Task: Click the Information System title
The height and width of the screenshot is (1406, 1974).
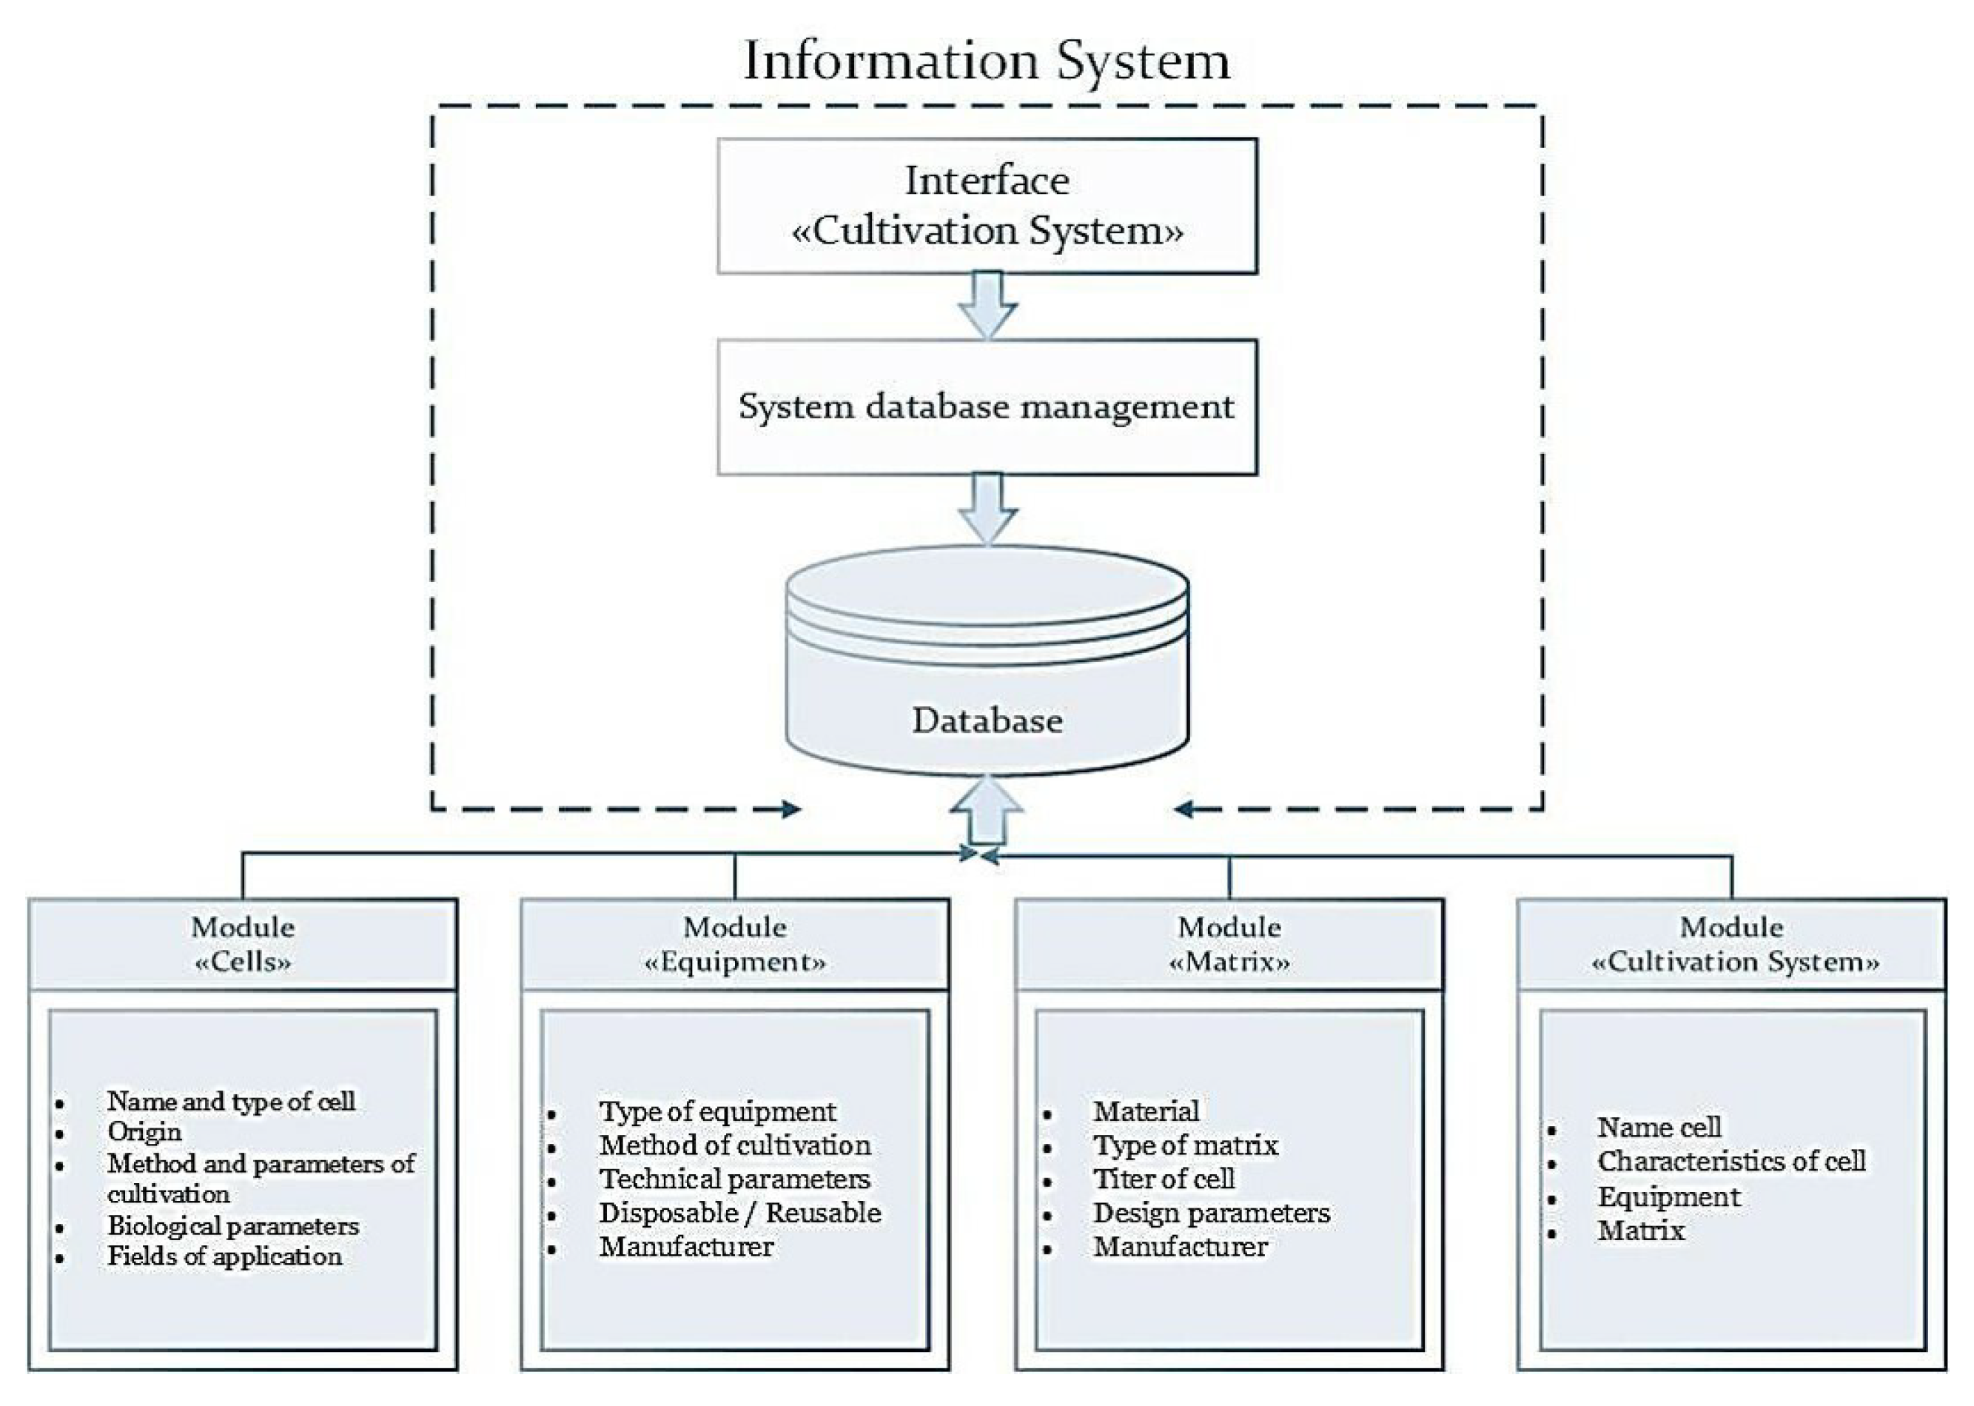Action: (987, 61)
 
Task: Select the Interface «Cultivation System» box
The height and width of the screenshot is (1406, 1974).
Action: (987, 206)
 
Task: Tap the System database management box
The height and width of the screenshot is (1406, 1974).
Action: (987, 407)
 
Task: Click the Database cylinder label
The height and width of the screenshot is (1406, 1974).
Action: (987, 720)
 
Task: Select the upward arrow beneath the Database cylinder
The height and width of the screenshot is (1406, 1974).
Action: (987, 810)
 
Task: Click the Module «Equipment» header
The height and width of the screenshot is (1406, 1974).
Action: (735, 944)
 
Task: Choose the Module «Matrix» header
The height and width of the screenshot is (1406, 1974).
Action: (1229, 944)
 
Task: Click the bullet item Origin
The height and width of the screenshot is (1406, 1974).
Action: (144, 1131)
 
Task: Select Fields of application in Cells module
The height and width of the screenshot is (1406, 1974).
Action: (224, 1256)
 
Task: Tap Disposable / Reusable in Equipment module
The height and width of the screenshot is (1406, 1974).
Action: (740, 1213)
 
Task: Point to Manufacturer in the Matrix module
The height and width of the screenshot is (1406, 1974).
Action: (1181, 1247)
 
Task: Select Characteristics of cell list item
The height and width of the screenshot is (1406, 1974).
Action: (1730, 1161)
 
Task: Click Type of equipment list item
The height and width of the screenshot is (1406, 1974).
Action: (717, 1111)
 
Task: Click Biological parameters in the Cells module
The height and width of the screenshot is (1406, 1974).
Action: (233, 1226)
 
